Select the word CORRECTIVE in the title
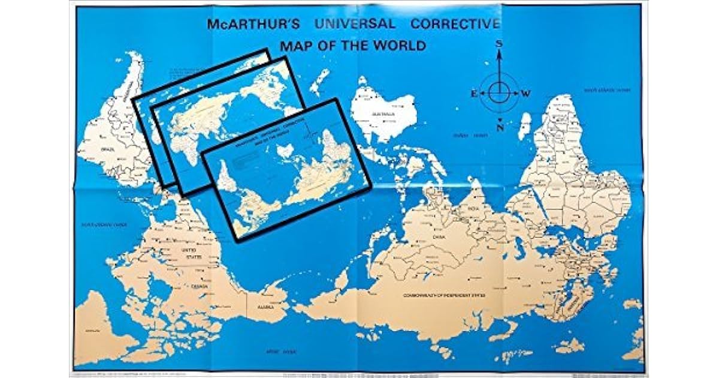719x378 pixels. [455, 25]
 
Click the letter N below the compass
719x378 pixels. [499, 128]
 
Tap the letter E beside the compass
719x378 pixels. [473, 93]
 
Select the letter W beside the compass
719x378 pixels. [525, 93]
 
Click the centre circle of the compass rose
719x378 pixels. [499, 92]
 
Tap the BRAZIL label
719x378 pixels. [108, 148]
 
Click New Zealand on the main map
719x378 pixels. [320, 81]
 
